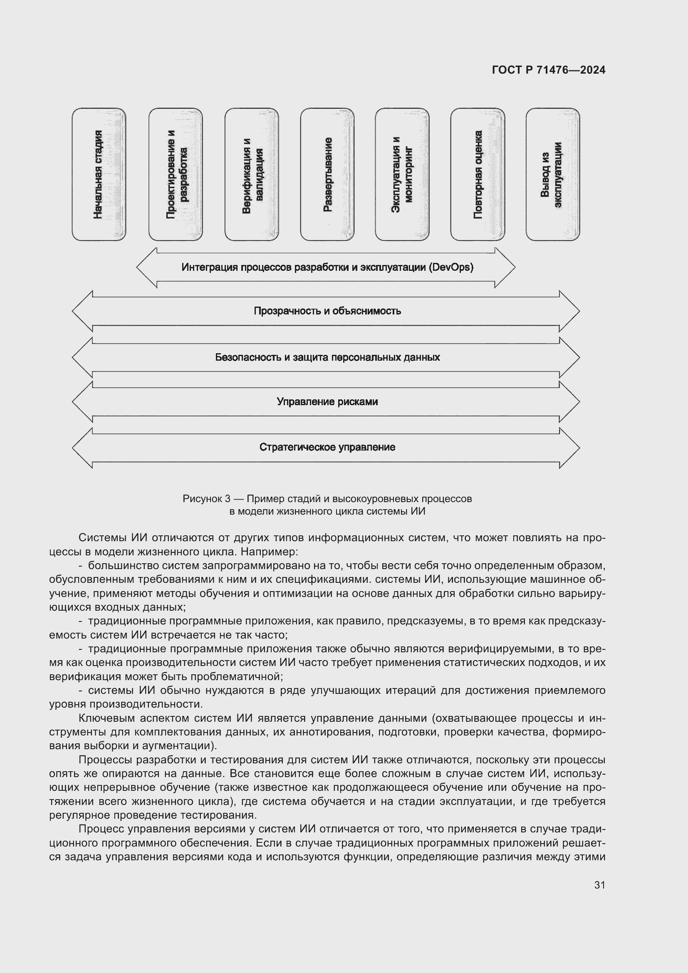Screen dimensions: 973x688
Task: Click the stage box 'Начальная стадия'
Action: point(99,174)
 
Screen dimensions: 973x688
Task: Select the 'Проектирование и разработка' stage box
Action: point(176,174)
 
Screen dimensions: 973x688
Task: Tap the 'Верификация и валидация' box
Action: point(252,174)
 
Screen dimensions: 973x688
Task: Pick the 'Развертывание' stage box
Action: point(327,174)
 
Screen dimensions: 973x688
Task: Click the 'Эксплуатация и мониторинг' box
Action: point(402,174)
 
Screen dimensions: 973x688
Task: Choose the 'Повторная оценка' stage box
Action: point(478,174)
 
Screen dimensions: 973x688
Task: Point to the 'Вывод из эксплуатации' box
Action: point(553,174)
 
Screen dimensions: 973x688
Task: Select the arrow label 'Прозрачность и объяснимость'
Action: point(327,311)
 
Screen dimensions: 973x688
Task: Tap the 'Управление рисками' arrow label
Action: point(327,402)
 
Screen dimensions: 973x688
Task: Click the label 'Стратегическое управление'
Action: point(327,448)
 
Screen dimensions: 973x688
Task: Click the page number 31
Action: point(599,885)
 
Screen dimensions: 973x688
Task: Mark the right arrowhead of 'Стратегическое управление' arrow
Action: point(570,448)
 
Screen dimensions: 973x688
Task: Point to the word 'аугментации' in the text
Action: point(180,745)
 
